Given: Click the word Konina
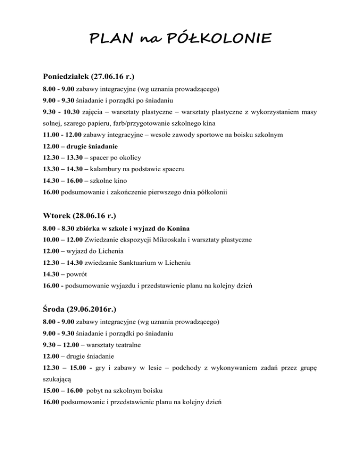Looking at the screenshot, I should pyautogui.click(x=176, y=228).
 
